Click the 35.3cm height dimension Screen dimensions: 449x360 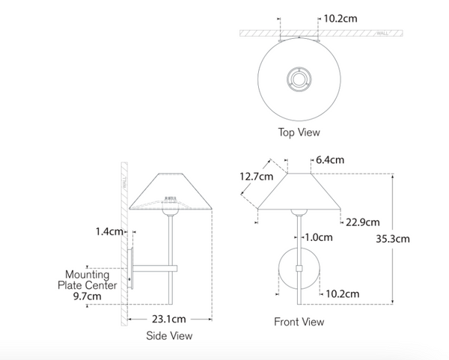click(x=393, y=239)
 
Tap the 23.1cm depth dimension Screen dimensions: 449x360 click(x=169, y=319)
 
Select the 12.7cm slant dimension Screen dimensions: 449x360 click(x=256, y=177)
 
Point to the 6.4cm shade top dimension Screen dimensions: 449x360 click(x=330, y=160)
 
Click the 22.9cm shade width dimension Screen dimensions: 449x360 click(x=363, y=222)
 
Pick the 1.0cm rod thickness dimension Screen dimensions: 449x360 click(x=319, y=237)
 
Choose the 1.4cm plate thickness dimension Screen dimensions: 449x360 click(x=109, y=231)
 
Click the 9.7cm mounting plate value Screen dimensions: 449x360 click(x=87, y=296)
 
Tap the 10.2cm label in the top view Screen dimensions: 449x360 click(x=340, y=19)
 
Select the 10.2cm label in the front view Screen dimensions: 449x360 click(x=343, y=294)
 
